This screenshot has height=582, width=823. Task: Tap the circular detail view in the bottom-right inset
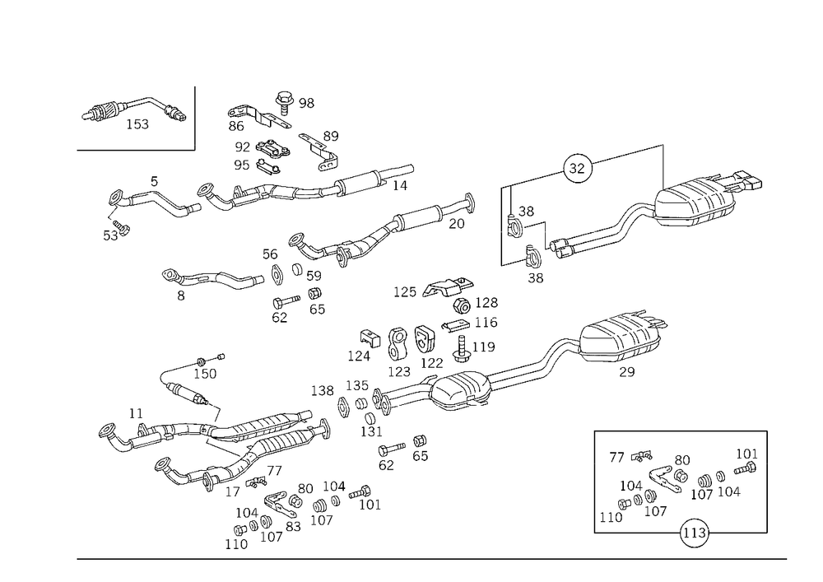pyautogui.click(x=693, y=533)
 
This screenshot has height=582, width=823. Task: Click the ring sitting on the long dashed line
pyautogui.click(x=577, y=167)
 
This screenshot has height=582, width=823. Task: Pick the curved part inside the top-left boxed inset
pyautogui.click(x=132, y=113)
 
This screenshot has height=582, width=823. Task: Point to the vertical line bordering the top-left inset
pyautogui.click(x=194, y=115)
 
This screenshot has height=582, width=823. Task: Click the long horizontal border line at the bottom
pyautogui.click(x=428, y=557)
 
